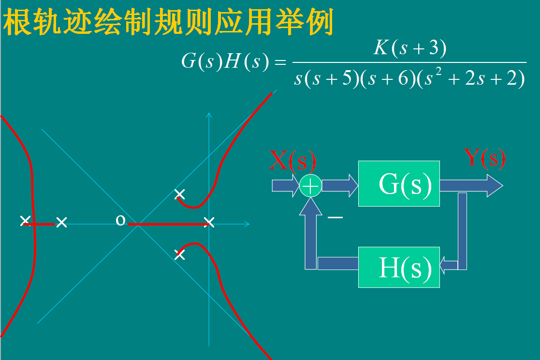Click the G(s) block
click(x=399, y=183)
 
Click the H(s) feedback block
click(x=399, y=267)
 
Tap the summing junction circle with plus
click(x=310, y=186)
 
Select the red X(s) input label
click(x=292, y=161)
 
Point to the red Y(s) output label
click(x=484, y=158)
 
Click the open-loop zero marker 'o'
click(x=120, y=221)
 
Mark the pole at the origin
click(x=209, y=222)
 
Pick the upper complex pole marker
click(x=179, y=195)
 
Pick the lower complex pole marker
click(x=179, y=255)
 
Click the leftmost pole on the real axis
click(x=26, y=221)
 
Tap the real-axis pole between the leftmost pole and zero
click(x=61, y=222)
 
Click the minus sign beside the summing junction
click(x=335, y=218)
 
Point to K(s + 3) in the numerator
click(x=409, y=48)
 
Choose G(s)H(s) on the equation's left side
click(x=224, y=62)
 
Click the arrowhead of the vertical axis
click(x=209, y=115)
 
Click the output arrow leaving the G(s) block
click(x=471, y=186)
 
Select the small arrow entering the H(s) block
click(x=448, y=265)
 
